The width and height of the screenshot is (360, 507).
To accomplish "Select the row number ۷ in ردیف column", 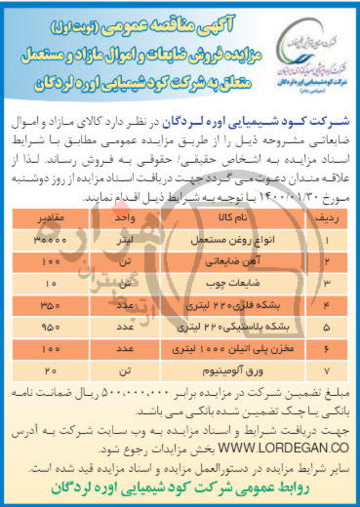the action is pos(328,370).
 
